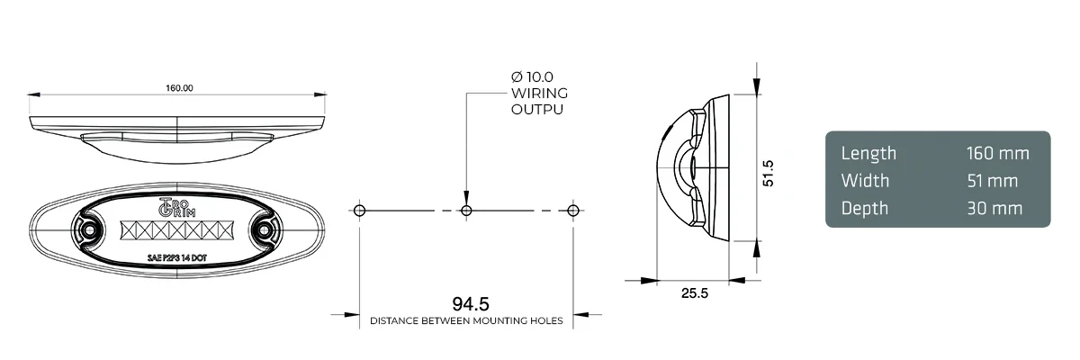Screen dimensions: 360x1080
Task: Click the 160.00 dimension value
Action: (179, 88)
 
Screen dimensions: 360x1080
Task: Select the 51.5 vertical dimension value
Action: (769, 172)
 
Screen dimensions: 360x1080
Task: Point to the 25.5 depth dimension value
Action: (693, 292)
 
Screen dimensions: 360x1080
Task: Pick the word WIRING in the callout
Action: (539, 93)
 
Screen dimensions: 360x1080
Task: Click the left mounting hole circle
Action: (359, 210)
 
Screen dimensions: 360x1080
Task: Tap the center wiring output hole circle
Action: (466, 210)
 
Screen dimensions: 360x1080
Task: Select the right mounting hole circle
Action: (573, 210)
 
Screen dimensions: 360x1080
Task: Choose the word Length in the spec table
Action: (868, 153)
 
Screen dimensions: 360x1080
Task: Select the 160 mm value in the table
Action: (997, 153)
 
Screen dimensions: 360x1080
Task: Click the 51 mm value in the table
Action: (992, 181)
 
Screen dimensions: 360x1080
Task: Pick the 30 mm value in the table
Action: (994, 208)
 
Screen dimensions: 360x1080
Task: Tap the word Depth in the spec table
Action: (864, 209)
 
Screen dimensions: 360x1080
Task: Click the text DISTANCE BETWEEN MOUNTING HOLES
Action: (466, 320)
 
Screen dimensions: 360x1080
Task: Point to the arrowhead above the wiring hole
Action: (466, 196)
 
